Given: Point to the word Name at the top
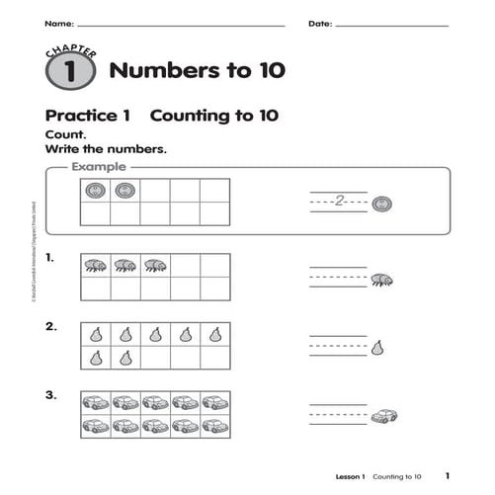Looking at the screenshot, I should click(x=58, y=22).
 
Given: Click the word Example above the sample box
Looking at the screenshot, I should click(x=100, y=168).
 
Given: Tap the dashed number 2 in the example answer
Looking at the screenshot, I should click(x=339, y=203).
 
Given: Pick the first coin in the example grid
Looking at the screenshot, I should click(x=95, y=191).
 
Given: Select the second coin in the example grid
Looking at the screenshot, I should click(x=124, y=191).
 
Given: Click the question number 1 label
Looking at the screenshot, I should click(x=50, y=259).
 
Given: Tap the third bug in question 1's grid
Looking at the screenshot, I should click(x=155, y=265).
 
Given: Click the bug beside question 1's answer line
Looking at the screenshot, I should click(x=382, y=281).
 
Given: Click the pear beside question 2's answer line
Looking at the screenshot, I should click(x=376, y=347).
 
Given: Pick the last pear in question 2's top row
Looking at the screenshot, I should click(x=214, y=334).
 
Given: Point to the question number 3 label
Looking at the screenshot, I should click(x=50, y=395).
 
